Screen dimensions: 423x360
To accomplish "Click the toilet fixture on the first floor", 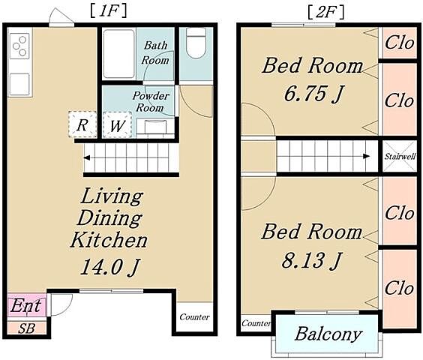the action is [196, 43].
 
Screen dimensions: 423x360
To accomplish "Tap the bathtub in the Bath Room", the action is [119, 54].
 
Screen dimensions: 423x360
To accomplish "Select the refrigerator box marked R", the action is [82, 124].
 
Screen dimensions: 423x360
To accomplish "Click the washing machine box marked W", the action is [117, 125].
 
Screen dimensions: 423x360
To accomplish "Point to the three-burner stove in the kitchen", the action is [19, 46].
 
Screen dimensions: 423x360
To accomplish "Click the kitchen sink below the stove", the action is [19, 85].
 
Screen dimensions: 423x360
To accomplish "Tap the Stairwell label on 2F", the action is [400, 157].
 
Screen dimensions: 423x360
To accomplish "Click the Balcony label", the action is [328, 334].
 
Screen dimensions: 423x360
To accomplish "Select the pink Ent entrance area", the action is [27, 304].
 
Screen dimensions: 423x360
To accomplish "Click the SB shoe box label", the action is [27, 328].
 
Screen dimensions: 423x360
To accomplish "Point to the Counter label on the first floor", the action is [194, 316].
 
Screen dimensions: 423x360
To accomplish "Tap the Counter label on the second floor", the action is [256, 323].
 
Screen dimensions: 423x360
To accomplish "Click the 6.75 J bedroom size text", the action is [313, 94].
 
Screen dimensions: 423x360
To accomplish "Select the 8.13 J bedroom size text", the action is [312, 260].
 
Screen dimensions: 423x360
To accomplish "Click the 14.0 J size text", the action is [109, 267].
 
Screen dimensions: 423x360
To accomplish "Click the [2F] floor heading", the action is [326, 12].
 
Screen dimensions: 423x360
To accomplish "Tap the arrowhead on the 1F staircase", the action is [87, 157].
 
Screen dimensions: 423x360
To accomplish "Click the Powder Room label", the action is [151, 102].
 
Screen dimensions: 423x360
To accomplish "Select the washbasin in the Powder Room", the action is [155, 127].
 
